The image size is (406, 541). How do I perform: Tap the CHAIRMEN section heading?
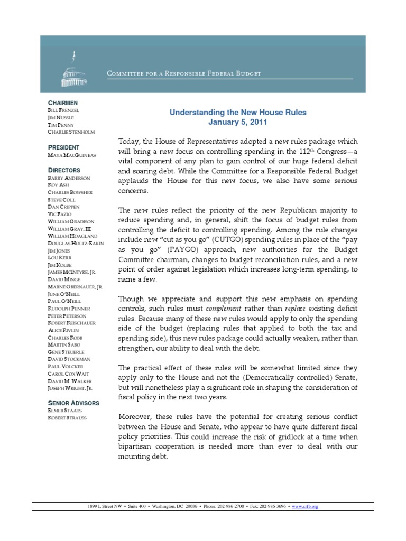pos(63,102)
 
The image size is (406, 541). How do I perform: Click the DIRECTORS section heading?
pos(64,170)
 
